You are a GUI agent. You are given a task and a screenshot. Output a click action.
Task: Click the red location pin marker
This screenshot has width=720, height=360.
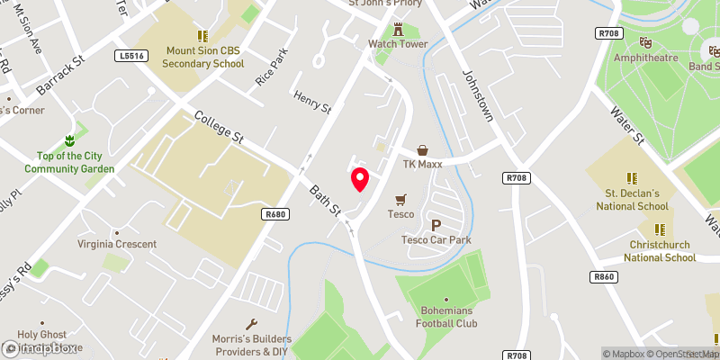point(359,178)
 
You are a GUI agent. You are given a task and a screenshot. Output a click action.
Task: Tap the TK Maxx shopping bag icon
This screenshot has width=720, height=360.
point(421,150)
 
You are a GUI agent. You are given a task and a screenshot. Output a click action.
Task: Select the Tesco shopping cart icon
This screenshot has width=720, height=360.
point(400,199)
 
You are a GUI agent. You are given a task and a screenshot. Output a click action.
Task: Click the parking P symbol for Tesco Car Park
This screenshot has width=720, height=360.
point(436,225)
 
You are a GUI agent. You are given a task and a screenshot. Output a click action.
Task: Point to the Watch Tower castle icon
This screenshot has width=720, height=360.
point(397,28)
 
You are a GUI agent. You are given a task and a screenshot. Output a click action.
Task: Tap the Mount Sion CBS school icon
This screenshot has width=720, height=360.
point(202,36)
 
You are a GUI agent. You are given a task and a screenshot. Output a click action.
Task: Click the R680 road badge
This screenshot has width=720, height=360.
point(275,214)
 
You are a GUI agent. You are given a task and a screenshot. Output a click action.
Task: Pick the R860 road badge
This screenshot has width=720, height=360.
point(604,276)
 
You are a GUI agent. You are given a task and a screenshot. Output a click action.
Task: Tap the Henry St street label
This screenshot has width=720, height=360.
point(312,101)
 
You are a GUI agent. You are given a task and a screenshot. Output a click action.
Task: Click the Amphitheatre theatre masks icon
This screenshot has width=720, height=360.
point(645,42)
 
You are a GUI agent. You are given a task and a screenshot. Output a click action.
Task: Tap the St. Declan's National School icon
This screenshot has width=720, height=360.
point(632,177)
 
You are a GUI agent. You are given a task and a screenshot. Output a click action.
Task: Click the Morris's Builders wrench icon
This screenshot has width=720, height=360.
point(251,324)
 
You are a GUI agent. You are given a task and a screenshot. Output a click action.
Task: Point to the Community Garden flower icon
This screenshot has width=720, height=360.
point(69,140)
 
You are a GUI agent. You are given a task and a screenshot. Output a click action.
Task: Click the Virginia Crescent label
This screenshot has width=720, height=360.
point(118,244)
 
